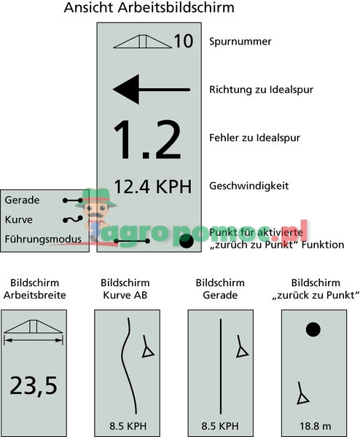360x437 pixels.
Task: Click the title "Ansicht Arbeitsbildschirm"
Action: pyautogui.click(x=149, y=8)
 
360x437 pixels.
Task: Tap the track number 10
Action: pyautogui.click(x=184, y=42)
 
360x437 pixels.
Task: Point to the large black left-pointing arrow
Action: pyautogui.click(x=152, y=90)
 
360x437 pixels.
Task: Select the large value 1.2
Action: pyautogui.click(x=147, y=140)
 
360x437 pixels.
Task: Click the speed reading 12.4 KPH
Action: pyautogui.click(x=153, y=186)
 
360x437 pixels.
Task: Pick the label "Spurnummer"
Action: pyautogui.click(x=240, y=42)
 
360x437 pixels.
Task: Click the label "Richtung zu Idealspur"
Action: pyautogui.click(x=262, y=90)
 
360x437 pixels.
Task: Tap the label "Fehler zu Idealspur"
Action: pyautogui.click(x=254, y=138)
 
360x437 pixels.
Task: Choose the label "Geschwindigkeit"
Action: pyautogui.click(x=249, y=186)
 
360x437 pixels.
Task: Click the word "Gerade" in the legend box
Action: pyautogui.click(x=22, y=200)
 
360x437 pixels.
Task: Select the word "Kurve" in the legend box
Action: pyautogui.click(x=19, y=220)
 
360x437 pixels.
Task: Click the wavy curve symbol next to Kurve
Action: pyautogui.click(x=73, y=219)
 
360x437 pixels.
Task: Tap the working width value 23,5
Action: pyautogui.click(x=34, y=386)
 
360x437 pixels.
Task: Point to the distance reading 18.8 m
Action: pyautogui.click(x=315, y=426)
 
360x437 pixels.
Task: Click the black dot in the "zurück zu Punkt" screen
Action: pyautogui.click(x=313, y=329)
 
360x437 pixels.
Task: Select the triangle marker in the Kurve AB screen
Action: pyautogui.click(x=148, y=352)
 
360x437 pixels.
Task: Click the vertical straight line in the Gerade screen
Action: pyautogui.click(x=221, y=366)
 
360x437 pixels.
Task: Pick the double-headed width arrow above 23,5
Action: pyautogui.click(x=34, y=340)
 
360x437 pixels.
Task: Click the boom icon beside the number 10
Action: pyautogui.click(x=143, y=42)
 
